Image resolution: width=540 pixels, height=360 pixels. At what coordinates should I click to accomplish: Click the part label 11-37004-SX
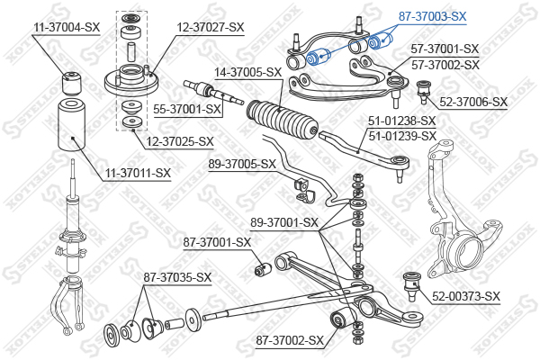[67, 28]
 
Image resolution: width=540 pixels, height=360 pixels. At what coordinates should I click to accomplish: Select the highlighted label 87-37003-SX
[433, 16]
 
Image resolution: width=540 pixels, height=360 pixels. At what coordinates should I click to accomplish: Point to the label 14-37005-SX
[247, 71]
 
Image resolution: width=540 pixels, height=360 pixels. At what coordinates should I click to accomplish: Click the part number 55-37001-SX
[186, 109]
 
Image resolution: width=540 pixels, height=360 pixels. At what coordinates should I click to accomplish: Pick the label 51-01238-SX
[401, 121]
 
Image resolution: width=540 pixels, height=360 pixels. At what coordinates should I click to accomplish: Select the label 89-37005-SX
[241, 164]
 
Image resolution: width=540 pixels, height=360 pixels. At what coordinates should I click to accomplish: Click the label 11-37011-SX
[136, 172]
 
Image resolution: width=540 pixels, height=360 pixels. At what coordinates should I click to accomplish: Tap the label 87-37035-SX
[177, 277]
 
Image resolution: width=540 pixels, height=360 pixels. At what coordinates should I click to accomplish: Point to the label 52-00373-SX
[465, 296]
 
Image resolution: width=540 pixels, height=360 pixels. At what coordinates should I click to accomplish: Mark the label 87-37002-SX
[289, 340]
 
